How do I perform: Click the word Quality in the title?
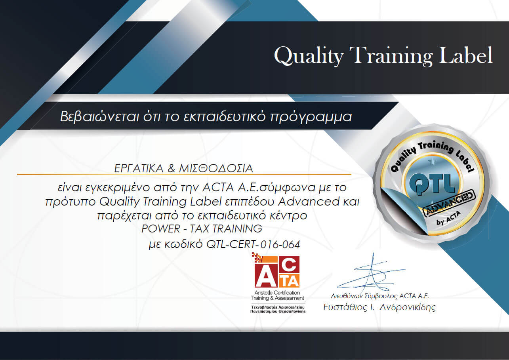309,55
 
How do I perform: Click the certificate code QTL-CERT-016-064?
254,244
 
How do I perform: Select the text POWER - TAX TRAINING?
202,229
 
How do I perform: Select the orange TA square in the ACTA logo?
292,280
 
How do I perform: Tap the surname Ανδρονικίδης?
408,307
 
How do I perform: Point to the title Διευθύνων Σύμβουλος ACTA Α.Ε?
380,296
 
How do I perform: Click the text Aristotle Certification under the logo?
278,293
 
